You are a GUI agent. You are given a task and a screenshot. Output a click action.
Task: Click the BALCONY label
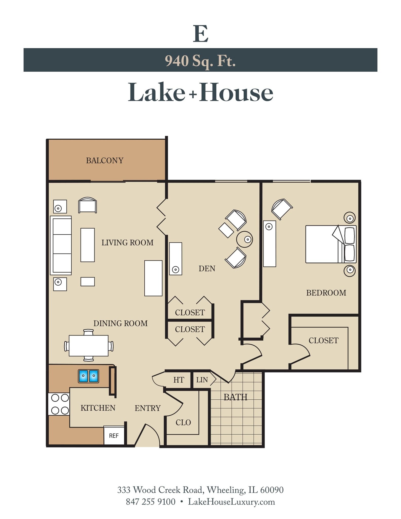click(x=104, y=160)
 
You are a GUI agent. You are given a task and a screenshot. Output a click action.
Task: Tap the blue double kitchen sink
click(x=88, y=376)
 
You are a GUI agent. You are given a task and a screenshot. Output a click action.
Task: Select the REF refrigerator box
click(x=114, y=435)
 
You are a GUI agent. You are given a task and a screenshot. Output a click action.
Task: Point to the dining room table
click(x=88, y=346)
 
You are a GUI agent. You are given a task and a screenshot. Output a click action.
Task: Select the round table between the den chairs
click(x=244, y=239)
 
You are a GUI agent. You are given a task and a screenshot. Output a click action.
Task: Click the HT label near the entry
click(x=179, y=380)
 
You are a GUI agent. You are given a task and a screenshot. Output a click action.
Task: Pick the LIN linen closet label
click(x=202, y=380)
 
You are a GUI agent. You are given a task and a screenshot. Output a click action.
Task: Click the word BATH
click(x=235, y=397)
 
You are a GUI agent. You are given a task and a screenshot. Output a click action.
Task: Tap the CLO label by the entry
click(x=183, y=422)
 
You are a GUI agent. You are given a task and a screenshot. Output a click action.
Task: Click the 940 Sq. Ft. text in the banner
click(x=200, y=61)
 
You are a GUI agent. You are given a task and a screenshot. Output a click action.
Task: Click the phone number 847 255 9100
click(x=150, y=502)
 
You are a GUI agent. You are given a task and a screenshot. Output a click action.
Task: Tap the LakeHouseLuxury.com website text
click(x=231, y=502)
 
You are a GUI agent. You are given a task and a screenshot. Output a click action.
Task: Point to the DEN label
click(x=207, y=269)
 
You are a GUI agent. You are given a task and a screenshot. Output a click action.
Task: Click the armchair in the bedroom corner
click(x=281, y=209)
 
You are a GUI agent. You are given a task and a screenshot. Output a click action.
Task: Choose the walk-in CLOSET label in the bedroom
click(x=323, y=340)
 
